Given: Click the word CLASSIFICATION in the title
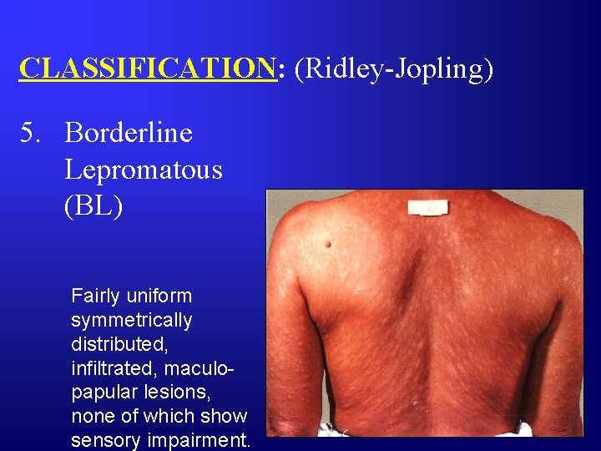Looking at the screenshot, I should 147,68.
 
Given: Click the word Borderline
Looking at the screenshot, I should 128,133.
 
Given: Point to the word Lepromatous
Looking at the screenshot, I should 143,170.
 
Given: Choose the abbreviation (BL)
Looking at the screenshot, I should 93,206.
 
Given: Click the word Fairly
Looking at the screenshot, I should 95,296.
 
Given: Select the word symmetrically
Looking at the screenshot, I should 131,320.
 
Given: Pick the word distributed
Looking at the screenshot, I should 111,344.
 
